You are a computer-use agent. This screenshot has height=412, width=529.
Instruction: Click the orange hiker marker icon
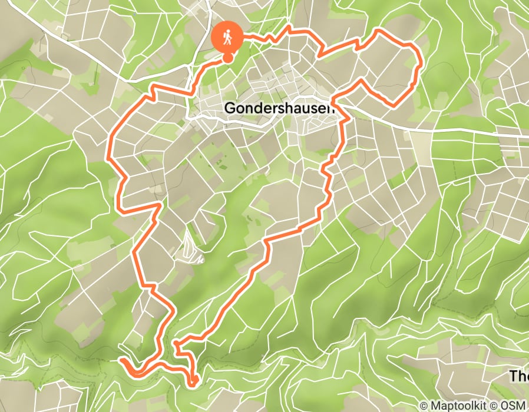[x=226, y=36]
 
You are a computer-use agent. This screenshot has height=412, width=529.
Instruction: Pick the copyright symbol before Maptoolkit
[x=424, y=406]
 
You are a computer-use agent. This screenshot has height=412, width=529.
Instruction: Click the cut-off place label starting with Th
[x=518, y=375]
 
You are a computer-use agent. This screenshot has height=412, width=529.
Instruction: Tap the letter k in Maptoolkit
[x=478, y=406]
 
